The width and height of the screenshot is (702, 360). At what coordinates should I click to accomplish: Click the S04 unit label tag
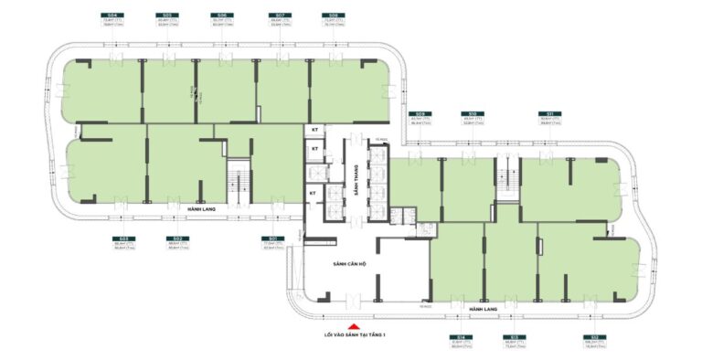(113, 16)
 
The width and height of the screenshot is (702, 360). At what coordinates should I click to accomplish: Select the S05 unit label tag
(166, 16)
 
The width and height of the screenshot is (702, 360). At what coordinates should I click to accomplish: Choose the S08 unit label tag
(333, 16)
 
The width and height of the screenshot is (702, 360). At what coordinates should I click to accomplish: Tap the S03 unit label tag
(119, 238)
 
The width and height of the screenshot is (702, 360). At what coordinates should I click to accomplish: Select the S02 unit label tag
(175, 238)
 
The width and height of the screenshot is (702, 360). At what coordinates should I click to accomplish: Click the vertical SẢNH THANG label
(354, 183)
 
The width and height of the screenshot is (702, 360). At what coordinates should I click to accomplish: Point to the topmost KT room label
(314, 131)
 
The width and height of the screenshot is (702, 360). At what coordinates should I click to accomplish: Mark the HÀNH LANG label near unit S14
(482, 310)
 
